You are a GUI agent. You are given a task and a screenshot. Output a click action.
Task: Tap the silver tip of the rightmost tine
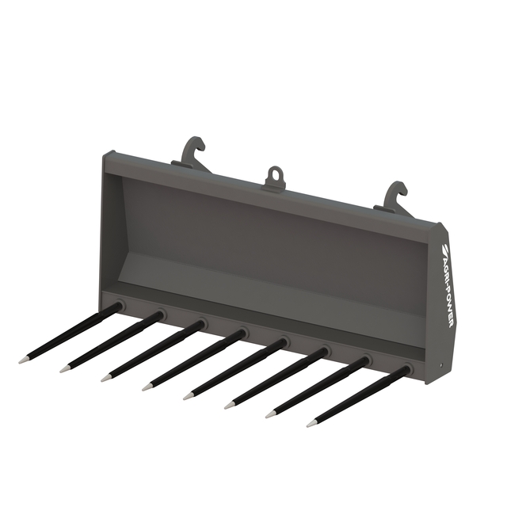click(311, 424)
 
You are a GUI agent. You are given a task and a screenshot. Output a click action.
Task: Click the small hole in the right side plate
click(440, 366)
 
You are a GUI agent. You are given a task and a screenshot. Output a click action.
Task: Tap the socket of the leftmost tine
click(120, 304)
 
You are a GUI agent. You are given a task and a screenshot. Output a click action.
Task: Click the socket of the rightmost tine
click(407, 368)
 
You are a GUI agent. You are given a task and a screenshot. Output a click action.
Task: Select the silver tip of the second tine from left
click(65, 369)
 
